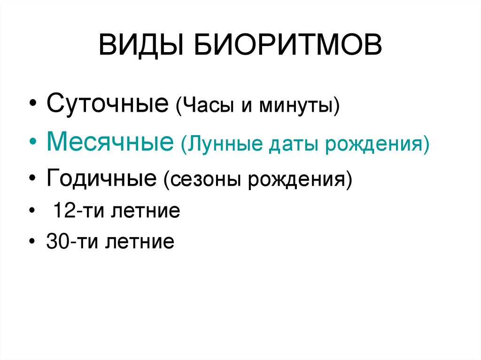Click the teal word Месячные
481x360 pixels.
tap(109, 141)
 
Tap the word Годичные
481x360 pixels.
tap(101, 178)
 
